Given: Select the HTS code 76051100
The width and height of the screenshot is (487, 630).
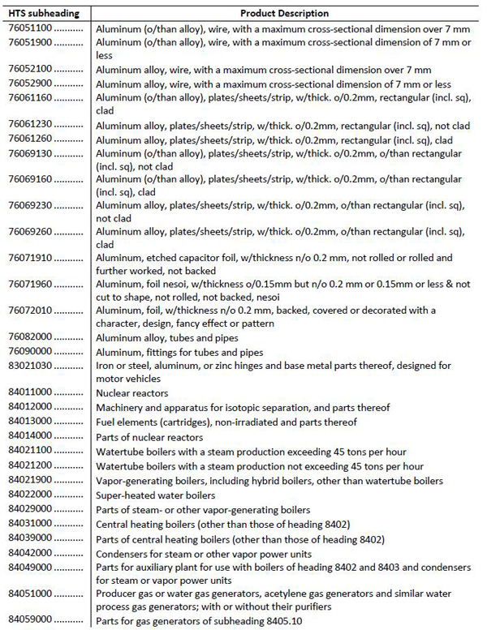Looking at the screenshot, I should pos(31,28).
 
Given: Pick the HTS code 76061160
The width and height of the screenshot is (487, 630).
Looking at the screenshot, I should pos(31,97).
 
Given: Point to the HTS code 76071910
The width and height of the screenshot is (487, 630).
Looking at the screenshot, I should pos(31,258).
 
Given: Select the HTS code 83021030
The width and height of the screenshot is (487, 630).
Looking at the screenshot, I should pos(31,365).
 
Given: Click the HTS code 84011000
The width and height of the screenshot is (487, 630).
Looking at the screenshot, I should pos(31,393).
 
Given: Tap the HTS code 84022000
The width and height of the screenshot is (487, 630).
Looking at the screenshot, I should pos(31,494).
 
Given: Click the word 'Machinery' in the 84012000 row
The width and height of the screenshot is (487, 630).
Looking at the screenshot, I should pos(120,408).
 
